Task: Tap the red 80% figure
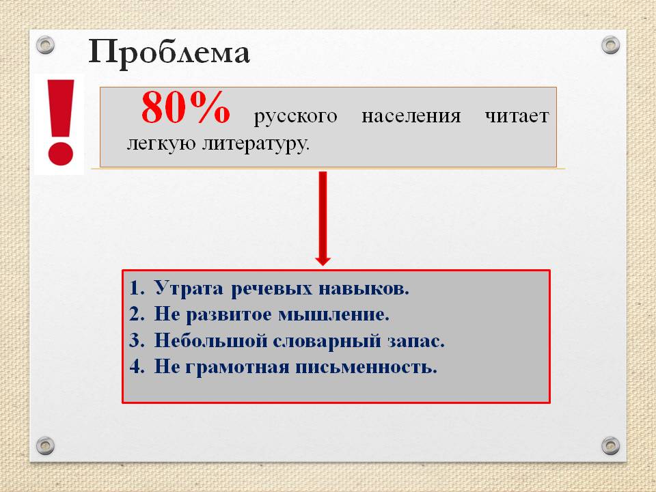pos(185,107)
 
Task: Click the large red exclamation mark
pos(61,122)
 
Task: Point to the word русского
pos(295,116)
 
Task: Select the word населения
pos(411,115)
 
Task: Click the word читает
pos(517,115)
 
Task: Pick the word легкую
pos(161,143)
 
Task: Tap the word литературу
pos(256,143)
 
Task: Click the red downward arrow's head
pos(323,260)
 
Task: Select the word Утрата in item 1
pos(189,288)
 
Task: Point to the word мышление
pos(333,314)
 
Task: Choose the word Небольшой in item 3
pos(210,340)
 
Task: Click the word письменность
pos(366,368)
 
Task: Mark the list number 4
pos(137,366)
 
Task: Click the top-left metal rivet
pos(45,44)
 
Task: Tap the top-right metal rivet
pos(610,45)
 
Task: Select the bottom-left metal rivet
pos(45,446)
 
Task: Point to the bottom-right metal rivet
pos(610,446)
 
